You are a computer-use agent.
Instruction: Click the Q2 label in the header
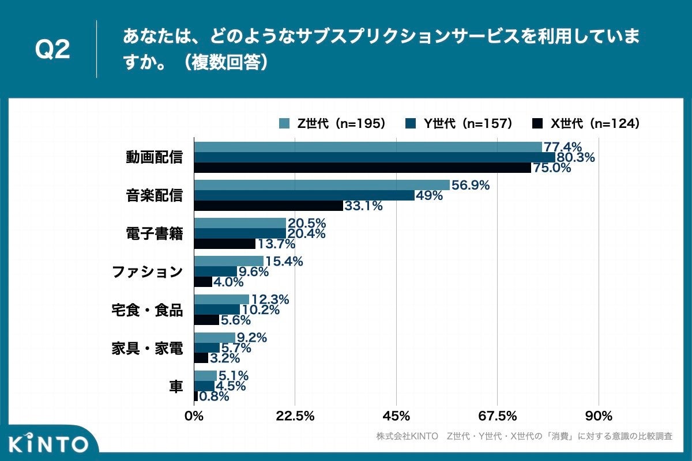(52, 50)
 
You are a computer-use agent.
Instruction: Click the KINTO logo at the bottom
(49, 444)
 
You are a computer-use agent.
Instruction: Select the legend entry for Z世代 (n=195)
(332, 123)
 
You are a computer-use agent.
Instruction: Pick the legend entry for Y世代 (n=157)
(459, 123)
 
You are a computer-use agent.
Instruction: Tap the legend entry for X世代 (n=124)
(586, 123)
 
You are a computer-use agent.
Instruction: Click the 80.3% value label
(575, 157)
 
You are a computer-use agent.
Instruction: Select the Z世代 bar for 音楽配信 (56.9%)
(322, 185)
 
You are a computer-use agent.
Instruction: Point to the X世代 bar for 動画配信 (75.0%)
(362, 168)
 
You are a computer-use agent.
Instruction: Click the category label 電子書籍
(154, 233)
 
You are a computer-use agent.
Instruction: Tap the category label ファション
(147, 271)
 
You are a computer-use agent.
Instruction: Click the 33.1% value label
(363, 206)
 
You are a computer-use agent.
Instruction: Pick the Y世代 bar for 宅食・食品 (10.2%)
(217, 309)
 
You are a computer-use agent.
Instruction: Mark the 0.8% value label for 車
(214, 396)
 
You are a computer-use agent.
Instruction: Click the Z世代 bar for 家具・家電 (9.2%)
(215, 338)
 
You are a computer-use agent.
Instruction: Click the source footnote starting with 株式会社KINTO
(524, 436)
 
